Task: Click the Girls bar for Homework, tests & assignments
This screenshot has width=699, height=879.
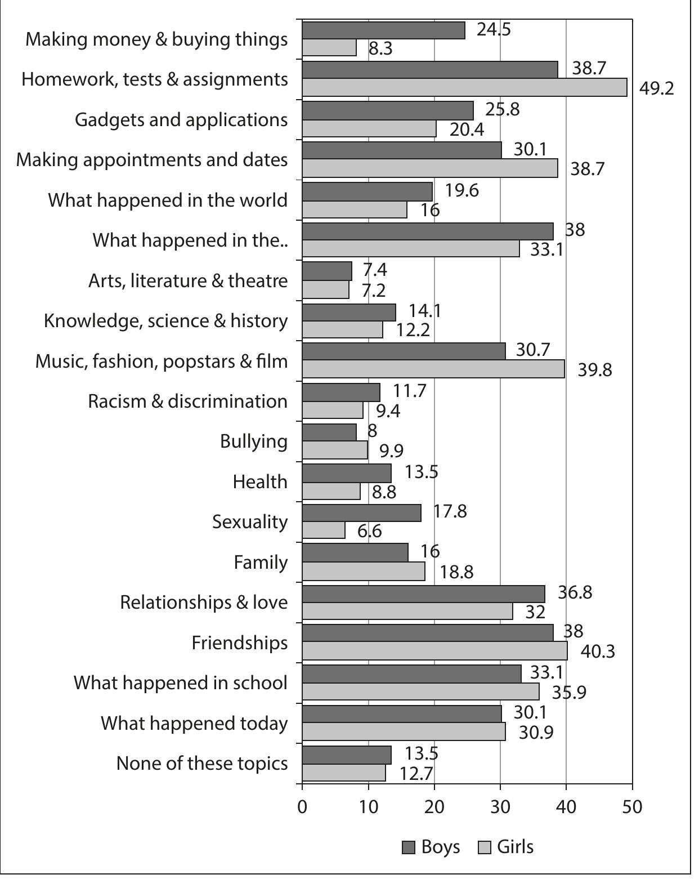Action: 464,87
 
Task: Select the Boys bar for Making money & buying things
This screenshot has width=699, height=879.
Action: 383,30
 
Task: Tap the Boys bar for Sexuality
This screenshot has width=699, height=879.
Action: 361,513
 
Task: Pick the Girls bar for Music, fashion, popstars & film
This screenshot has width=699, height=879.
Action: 433,369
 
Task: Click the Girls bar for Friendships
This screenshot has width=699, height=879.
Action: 434,651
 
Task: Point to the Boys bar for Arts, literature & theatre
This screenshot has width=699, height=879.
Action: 327,271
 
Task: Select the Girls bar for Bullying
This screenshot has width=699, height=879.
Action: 335,450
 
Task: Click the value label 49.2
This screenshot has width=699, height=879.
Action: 657,88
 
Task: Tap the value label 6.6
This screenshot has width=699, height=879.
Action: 370,531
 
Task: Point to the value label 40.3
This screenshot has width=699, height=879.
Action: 598,652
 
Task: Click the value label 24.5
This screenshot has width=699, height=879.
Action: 494,29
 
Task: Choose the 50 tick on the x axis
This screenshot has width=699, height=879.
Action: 632,807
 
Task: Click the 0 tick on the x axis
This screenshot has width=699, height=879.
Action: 302,807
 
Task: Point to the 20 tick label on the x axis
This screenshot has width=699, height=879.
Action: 434,807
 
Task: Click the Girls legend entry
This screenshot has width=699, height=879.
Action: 505,847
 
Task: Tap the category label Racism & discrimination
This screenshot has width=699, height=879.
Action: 187,401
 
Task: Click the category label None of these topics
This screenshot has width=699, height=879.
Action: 201,764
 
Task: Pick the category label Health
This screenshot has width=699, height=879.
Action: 259,482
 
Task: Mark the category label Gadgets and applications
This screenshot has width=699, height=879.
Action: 181,120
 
